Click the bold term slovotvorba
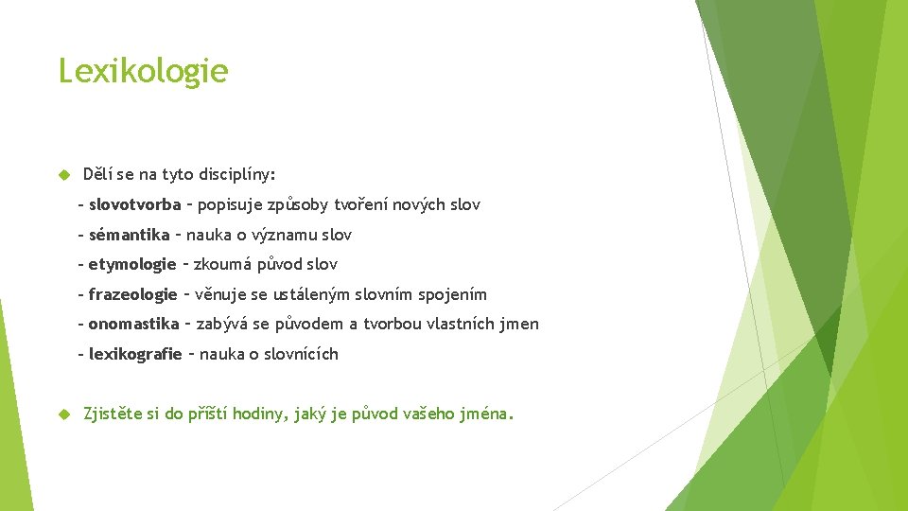tap(134, 204)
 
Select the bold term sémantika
tap(129, 235)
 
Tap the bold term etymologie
tap(132, 264)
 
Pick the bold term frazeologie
tap(132, 294)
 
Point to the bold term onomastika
tap(133, 324)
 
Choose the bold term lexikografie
tap(135, 354)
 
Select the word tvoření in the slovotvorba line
tap(366, 204)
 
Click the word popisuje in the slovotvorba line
tap(234, 204)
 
